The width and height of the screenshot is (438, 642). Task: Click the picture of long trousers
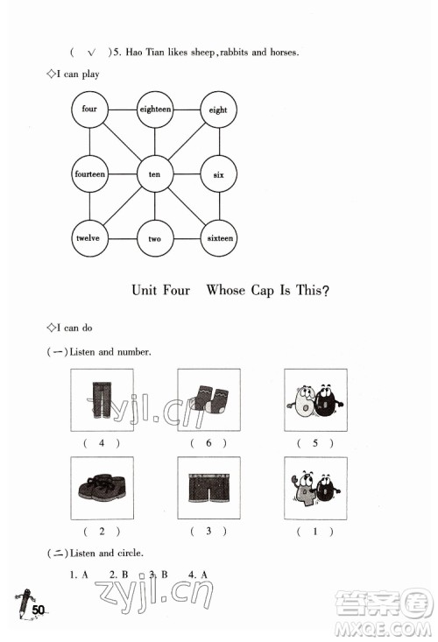(102, 400)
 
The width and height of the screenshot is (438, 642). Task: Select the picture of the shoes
(102, 488)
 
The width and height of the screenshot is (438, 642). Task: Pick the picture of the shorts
(208, 488)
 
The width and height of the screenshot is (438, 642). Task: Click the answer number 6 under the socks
(208, 442)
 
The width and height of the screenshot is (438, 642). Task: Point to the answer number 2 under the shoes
(102, 531)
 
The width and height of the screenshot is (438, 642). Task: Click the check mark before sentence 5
(92, 53)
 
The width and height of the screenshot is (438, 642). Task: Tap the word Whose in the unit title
(225, 290)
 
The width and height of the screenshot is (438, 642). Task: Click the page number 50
(38, 610)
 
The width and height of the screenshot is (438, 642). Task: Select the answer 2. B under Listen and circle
(119, 575)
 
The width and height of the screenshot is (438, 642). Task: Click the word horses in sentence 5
(284, 52)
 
